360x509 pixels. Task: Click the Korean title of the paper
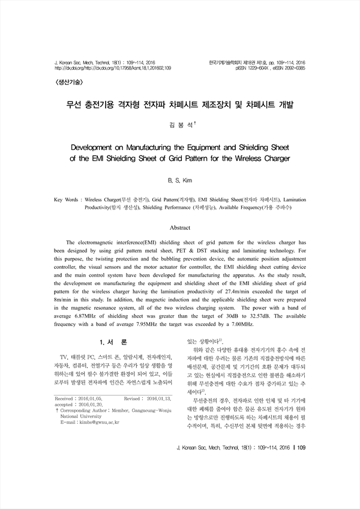tap(180, 104)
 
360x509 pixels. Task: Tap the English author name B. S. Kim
tap(179, 179)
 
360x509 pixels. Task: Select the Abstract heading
tap(180, 228)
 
